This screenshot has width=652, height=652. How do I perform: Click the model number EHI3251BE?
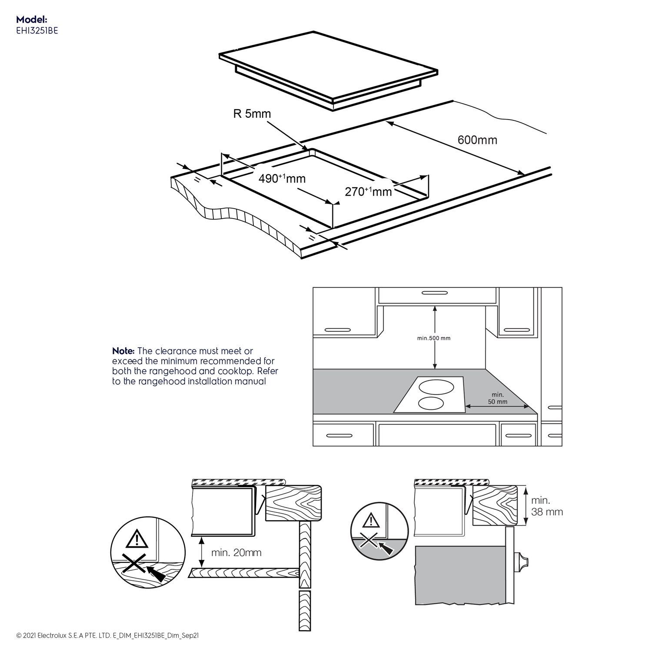[37, 30]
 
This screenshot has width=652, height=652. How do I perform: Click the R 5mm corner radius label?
[252, 114]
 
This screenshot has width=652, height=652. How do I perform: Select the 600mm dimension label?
[477, 140]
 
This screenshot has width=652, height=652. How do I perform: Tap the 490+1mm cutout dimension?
[282, 178]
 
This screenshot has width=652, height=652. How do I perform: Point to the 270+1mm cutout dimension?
[368, 191]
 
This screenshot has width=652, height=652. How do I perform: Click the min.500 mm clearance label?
[434, 338]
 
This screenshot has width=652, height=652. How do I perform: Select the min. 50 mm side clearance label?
[497, 398]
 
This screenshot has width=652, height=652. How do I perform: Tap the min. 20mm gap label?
[236, 552]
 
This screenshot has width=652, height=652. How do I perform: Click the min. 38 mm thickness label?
[546, 506]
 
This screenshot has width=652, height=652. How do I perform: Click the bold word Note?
[123, 351]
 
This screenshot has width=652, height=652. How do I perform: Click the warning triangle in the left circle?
[136, 539]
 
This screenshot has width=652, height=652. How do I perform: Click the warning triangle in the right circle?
[370, 520]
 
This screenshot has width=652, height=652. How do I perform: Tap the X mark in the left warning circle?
[133, 564]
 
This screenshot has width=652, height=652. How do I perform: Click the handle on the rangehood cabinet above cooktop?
[434, 293]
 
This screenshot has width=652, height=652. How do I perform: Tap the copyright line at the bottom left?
[107, 635]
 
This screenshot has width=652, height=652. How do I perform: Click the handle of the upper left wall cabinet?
[337, 330]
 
